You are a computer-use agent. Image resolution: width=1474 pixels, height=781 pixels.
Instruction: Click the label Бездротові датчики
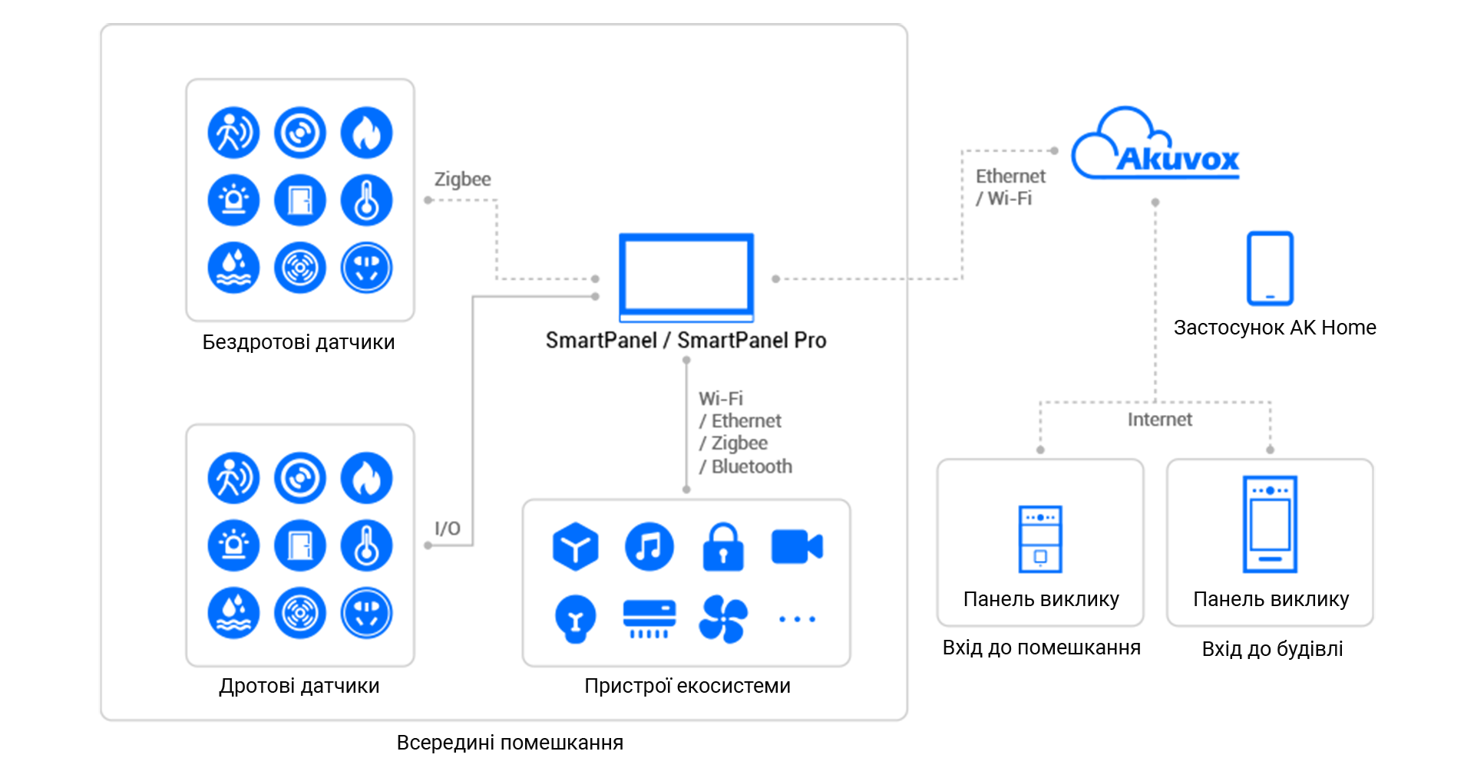(298, 342)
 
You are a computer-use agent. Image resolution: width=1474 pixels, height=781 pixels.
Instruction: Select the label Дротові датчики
(299, 686)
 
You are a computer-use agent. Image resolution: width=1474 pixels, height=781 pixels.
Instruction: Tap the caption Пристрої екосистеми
(687, 686)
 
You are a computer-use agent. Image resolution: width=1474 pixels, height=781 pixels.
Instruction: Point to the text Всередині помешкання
(510, 743)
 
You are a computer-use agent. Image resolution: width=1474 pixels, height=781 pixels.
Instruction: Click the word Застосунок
(1228, 328)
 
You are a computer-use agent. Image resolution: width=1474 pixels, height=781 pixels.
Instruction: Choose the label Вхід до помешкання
(1041, 648)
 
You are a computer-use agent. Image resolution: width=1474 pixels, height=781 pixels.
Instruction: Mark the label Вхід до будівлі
(1272, 649)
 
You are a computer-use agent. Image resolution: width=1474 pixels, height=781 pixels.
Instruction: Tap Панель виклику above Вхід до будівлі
(1271, 599)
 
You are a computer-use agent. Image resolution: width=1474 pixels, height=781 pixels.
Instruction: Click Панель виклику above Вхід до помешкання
(1041, 599)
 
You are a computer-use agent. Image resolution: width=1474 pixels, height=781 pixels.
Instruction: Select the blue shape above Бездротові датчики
(299, 199)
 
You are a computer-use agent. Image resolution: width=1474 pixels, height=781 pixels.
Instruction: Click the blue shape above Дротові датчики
(299, 545)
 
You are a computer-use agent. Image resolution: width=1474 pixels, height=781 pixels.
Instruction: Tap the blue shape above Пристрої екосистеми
(686, 583)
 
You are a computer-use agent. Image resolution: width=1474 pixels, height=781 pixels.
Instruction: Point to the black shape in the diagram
(583, 368)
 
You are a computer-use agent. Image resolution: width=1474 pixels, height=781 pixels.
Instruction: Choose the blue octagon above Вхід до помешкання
(1040, 537)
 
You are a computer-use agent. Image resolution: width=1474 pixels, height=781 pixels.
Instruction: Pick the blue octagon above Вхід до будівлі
(1271, 529)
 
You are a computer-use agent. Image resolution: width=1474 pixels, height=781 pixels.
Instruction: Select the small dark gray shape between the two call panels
(1160, 427)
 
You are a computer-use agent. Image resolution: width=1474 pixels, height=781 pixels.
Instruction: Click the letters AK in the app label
(1303, 328)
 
